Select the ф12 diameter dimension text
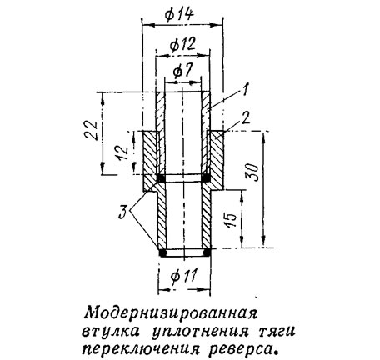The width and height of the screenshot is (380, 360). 182,44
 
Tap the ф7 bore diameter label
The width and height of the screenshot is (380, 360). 182,71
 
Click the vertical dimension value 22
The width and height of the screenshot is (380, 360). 91,131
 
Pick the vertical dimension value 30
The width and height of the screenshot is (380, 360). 252,172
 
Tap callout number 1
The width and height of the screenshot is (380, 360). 244,89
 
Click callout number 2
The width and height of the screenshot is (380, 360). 246,117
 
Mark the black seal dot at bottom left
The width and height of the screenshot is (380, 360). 162,252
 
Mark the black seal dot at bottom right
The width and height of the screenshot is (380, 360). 207,252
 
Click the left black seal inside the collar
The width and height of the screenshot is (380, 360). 161,178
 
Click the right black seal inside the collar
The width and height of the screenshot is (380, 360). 206,178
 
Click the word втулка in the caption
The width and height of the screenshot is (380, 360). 112,331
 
